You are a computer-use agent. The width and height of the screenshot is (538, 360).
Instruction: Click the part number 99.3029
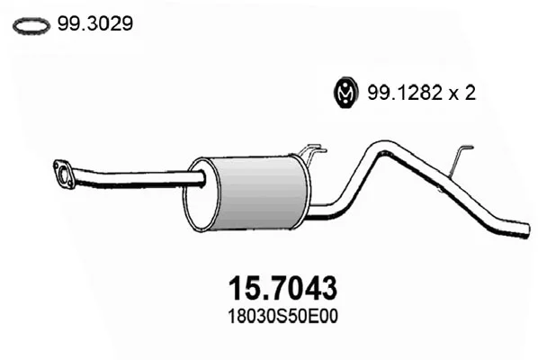click(x=95, y=24)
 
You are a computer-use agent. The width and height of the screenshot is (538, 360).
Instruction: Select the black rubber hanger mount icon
click(x=345, y=92)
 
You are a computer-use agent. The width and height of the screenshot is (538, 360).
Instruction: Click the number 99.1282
click(x=405, y=93)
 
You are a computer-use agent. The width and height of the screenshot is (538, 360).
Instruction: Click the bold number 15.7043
click(x=282, y=288)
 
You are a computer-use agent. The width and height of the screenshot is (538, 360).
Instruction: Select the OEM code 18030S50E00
click(x=282, y=317)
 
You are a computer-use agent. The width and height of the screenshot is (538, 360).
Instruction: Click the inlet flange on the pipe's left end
click(x=64, y=174)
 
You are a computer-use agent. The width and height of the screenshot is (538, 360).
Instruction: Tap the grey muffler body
click(x=261, y=193)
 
